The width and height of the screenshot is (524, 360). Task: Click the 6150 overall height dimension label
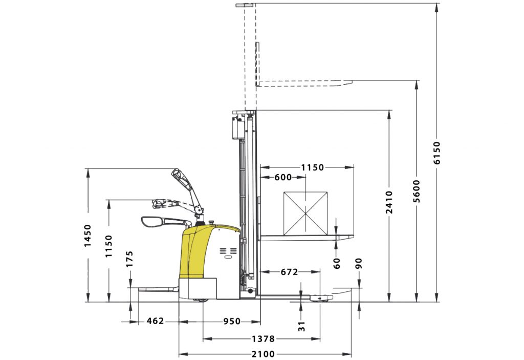(x=437, y=153)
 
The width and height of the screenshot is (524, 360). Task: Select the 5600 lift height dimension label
(x=417, y=192)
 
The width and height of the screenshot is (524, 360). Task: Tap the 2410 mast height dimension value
(x=389, y=202)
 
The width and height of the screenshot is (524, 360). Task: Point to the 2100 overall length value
(x=263, y=354)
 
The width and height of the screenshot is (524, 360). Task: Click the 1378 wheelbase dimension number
(x=263, y=339)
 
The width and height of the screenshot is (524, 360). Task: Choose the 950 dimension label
(x=232, y=322)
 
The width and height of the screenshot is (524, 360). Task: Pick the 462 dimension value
(x=156, y=321)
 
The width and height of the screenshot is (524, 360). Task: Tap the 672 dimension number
(x=289, y=272)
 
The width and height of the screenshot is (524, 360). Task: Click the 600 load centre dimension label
(x=283, y=177)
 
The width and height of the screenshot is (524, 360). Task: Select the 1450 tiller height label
(x=88, y=236)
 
